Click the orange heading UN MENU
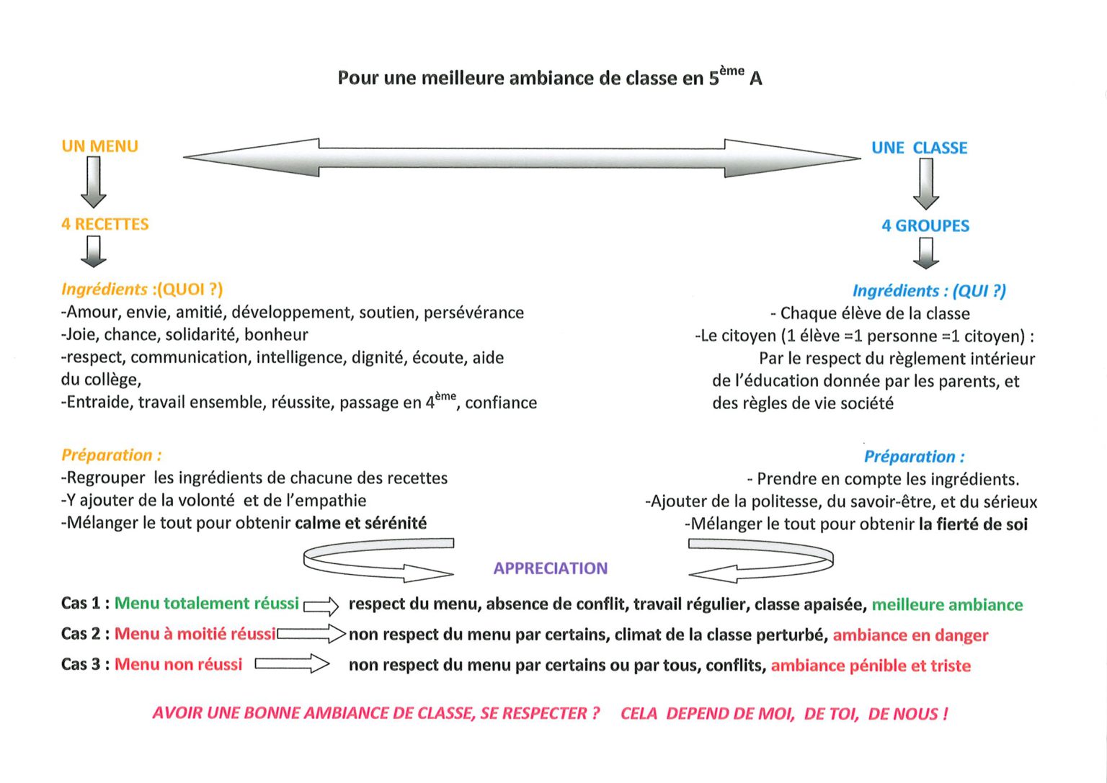point(100,146)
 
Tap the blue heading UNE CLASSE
point(919,148)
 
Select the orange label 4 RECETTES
point(105,224)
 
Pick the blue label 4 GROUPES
point(925,225)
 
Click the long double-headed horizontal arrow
point(522,158)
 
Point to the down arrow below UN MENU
point(94,182)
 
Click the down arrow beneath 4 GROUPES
point(926,254)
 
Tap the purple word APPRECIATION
point(551,568)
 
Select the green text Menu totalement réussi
point(207,603)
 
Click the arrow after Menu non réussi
point(292,663)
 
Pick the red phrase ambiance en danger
point(910,635)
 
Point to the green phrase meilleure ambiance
point(948,604)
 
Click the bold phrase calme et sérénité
point(361,523)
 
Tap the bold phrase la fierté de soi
point(973,524)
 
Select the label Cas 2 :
point(86,633)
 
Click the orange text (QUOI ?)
point(190,289)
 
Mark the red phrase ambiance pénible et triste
point(871,666)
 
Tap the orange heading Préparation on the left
point(111,455)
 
